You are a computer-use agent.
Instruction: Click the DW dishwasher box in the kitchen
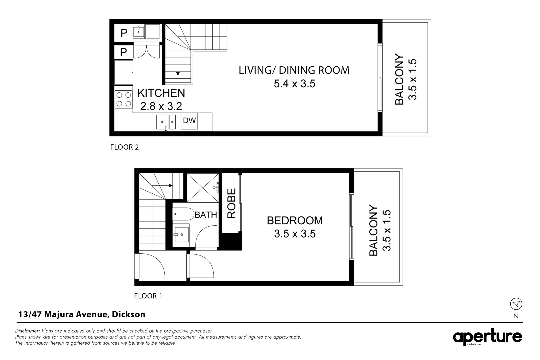click(x=189, y=121)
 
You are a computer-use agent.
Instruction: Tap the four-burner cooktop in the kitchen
click(x=124, y=99)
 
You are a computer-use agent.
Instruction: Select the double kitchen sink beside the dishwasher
click(x=166, y=122)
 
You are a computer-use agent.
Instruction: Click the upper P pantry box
click(x=123, y=33)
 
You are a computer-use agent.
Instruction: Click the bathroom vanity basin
click(x=181, y=234)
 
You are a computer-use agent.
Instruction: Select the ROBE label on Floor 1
click(x=231, y=203)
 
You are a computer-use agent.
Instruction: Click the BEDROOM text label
click(x=295, y=220)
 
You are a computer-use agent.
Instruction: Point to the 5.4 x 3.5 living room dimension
click(x=294, y=83)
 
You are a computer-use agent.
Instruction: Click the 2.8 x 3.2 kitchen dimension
click(x=161, y=106)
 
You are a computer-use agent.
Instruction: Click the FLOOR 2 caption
click(x=124, y=147)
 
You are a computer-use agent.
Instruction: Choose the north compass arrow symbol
click(x=516, y=304)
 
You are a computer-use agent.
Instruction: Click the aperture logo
click(x=487, y=337)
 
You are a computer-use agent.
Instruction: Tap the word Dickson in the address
click(x=129, y=314)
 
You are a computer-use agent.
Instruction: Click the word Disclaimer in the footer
click(x=28, y=331)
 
